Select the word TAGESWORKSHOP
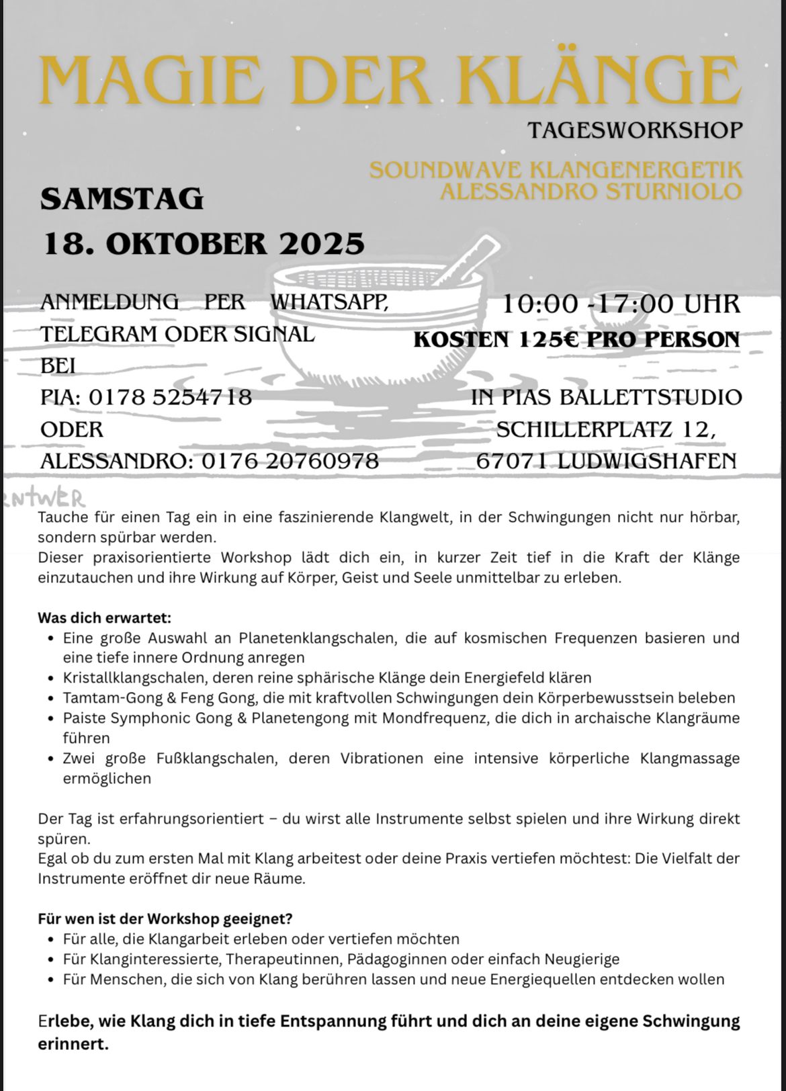pos(635,130)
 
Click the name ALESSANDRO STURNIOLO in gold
pos(591,191)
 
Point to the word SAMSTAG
pos(122,199)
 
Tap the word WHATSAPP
pos(329,302)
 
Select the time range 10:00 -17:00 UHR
pos(621,304)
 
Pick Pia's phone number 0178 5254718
pos(171,397)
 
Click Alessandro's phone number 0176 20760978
pos(290,461)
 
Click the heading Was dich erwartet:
pos(104,617)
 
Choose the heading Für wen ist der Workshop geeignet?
pos(165,918)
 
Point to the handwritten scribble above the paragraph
pos(44,498)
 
